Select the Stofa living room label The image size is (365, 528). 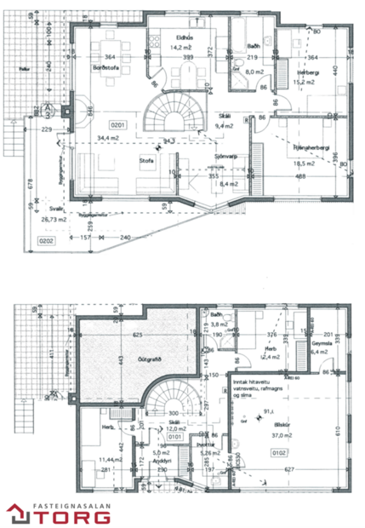click(146, 160)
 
